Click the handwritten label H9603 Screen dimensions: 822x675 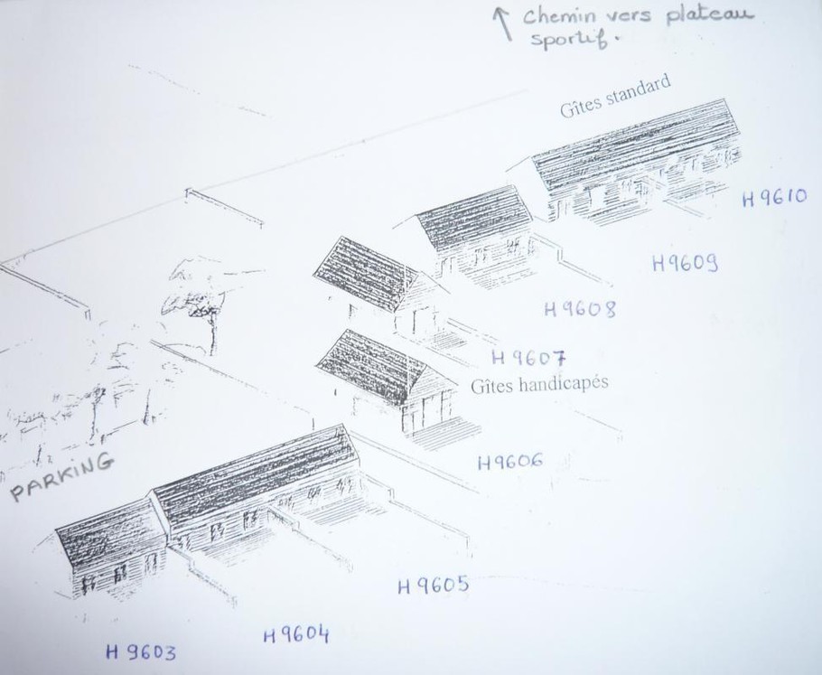pos(141,652)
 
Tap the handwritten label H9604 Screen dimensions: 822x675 pos(296,634)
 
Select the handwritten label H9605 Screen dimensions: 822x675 pos(433,585)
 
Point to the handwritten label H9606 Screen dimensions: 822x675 pos(510,462)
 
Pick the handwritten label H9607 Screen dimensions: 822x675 pos(529,358)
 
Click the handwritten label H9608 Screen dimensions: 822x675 pos(580,309)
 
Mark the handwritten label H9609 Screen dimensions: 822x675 pos(685,262)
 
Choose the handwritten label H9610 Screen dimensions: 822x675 pos(774,198)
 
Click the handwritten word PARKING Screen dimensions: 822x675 pos(61,476)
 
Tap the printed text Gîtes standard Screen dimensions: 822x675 pos(615,97)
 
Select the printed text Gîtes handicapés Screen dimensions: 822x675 pos(539,383)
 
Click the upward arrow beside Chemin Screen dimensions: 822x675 pos(503,23)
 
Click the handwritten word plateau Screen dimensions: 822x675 pos(710,14)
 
